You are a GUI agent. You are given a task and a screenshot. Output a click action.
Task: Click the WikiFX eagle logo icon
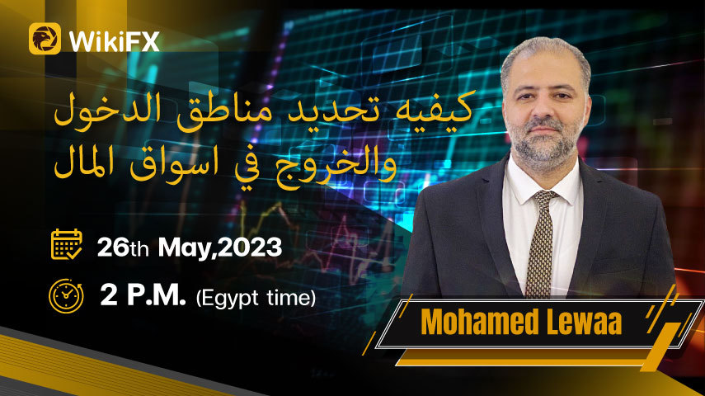click(45, 39)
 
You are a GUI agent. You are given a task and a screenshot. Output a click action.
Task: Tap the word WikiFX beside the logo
click(115, 42)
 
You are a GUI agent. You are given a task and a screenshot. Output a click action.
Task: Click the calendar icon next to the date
click(67, 244)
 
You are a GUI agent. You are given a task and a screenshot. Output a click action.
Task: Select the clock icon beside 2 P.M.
click(66, 296)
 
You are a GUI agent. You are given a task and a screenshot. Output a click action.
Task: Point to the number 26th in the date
click(123, 247)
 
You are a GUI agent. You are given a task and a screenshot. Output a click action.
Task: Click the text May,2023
click(220, 248)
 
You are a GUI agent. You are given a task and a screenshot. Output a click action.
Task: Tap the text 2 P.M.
click(143, 295)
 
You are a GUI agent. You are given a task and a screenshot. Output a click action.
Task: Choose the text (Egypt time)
click(256, 298)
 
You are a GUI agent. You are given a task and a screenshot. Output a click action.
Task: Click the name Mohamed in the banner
click(480, 321)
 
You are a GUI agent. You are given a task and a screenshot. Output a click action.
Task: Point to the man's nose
click(544, 111)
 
